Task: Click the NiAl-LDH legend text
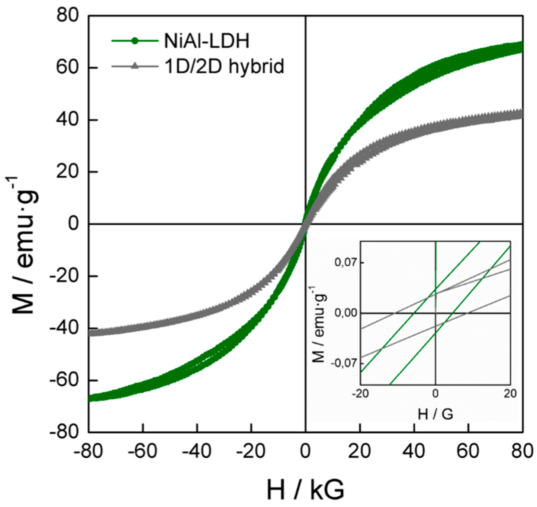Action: [x=207, y=41]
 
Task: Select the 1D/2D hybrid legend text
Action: [x=224, y=66]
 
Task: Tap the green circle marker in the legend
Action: [x=135, y=41]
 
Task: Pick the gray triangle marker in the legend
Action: [x=135, y=66]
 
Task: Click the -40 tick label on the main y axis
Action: [x=64, y=328]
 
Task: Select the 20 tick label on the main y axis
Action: [x=68, y=171]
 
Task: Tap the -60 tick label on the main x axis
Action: [x=143, y=451]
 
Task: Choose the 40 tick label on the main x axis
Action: [x=414, y=451]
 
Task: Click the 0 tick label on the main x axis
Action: [x=305, y=451]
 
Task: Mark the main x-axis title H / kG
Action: [x=305, y=490]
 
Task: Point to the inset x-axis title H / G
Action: [x=435, y=414]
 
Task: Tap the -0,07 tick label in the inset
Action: [x=344, y=363]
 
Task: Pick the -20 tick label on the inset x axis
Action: [x=360, y=393]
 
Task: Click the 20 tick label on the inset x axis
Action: [x=510, y=393]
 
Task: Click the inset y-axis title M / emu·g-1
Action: [x=320, y=324]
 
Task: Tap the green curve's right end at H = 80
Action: [x=521, y=47]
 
